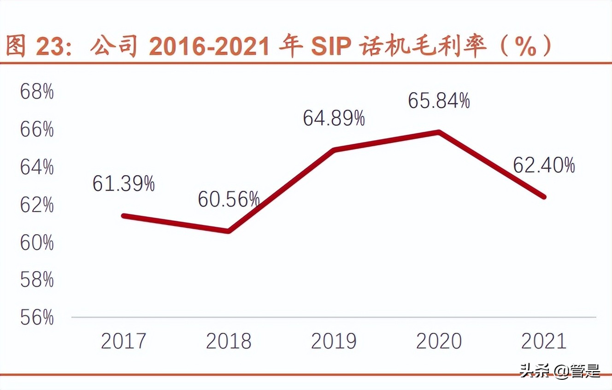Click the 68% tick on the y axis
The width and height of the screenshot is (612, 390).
pos(37,92)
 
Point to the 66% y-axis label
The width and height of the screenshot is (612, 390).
pos(37,130)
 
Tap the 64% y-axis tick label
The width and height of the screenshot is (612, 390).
pos(37,167)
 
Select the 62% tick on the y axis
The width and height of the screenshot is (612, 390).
pos(37,205)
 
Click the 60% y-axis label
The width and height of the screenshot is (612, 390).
pos(37,242)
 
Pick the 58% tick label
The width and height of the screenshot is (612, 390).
pos(37,280)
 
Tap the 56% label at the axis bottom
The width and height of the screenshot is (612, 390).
pos(37,318)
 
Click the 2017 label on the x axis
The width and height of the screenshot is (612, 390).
pos(124,342)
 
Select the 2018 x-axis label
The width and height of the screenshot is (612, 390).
pos(229,342)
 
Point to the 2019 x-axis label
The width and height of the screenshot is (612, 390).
pos(334,342)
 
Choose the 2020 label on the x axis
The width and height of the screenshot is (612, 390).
pos(439,342)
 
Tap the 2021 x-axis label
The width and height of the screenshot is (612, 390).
pos(544,342)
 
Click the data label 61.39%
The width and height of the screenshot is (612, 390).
pos(124,184)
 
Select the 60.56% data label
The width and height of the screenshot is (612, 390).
pos(229,200)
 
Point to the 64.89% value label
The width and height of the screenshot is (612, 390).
pos(334,118)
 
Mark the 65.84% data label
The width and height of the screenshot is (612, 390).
pos(439,101)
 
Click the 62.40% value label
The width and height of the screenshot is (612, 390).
pos(544,165)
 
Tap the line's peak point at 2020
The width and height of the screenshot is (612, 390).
pos(439,132)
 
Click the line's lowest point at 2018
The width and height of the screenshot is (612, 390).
pos(229,231)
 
